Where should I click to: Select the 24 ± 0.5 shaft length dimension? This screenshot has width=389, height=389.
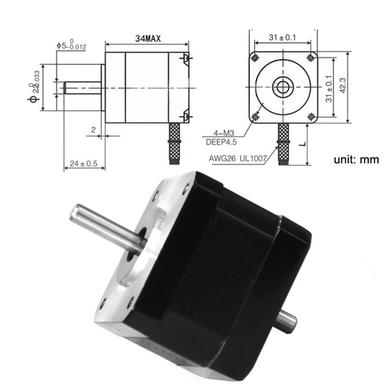(84, 163)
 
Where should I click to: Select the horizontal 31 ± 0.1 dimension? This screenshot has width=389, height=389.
(283, 37)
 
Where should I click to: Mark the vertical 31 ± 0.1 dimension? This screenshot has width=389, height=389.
(328, 89)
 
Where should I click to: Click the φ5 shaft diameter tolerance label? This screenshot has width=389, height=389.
(72, 46)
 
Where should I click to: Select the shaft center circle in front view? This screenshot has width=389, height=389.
(283, 87)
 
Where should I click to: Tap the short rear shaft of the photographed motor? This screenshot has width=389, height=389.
(286, 319)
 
